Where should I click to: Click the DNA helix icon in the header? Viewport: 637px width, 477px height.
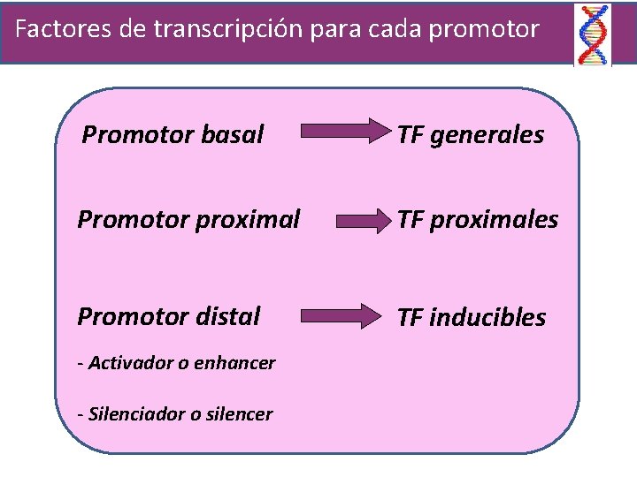pos(592,34)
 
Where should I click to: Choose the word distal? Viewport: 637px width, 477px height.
pos(230,315)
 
